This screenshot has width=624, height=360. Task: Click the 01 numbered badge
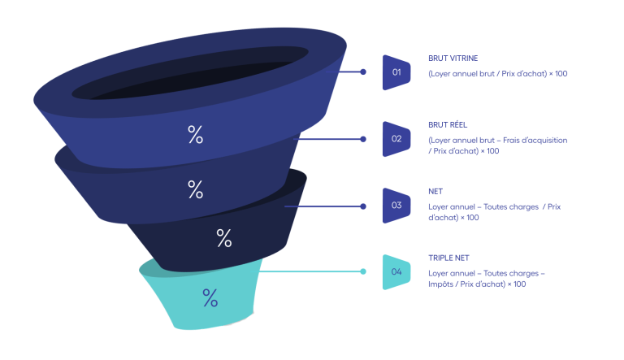tap(396, 72)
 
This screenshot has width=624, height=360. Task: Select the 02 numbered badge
tap(396, 139)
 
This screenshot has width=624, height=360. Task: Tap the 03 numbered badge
tap(396, 206)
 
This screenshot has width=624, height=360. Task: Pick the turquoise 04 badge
tap(396, 272)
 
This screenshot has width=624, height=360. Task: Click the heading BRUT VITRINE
tap(453, 59)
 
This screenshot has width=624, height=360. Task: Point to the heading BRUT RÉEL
tap(448, 124)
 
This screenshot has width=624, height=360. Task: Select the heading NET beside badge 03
tap(435, 192)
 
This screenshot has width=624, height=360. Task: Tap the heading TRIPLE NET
tap(448, 258)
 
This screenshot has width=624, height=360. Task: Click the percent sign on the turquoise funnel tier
tap(210, 297)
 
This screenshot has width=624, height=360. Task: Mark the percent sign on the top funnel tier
tap(195, 134)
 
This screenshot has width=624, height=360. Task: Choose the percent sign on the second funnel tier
tap(195, 189)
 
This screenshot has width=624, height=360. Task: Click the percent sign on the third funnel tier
tap(224, 238)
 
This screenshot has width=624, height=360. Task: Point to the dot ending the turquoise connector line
tap(363, 271)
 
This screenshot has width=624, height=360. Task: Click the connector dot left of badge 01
tap(363, 72)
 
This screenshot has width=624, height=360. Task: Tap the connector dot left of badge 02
tap(363, 139)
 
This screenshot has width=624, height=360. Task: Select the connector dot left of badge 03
tap(363, 206)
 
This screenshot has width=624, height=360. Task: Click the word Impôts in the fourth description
tap(440, 284)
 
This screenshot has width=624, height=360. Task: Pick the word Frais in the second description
tap(510, 140)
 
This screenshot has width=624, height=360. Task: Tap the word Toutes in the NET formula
tap(496, 206)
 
